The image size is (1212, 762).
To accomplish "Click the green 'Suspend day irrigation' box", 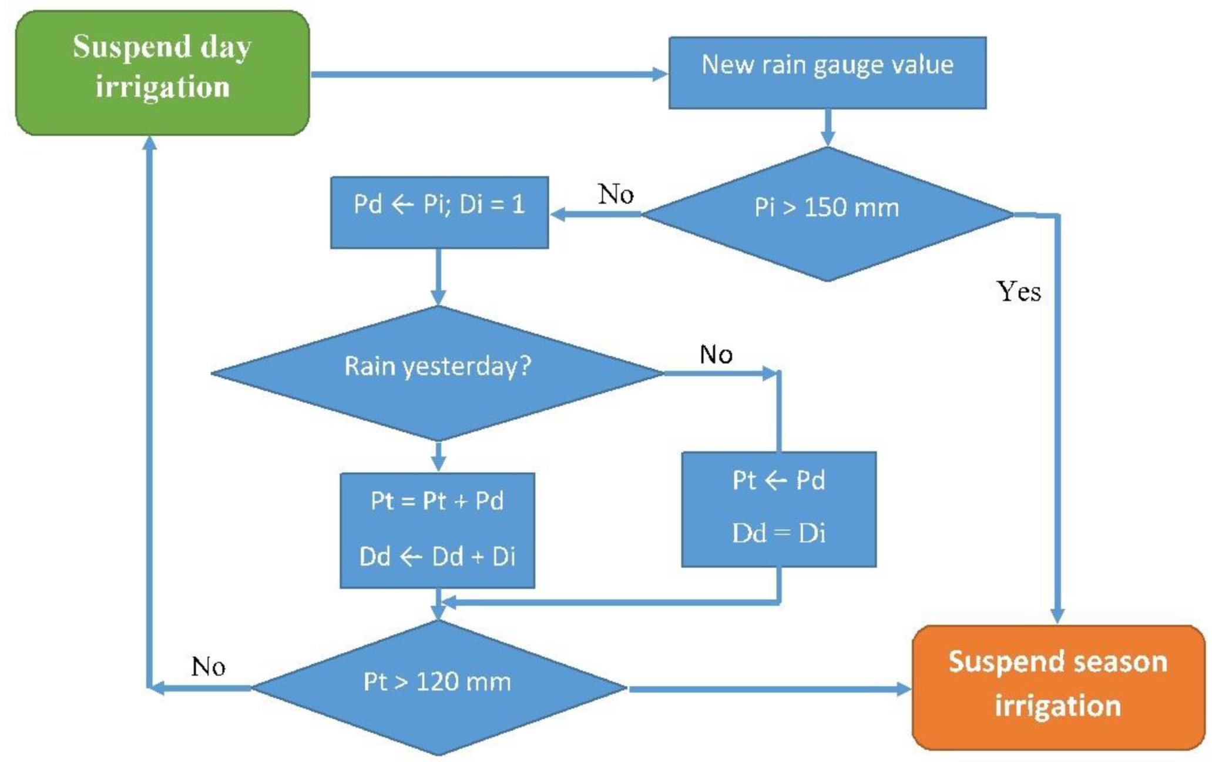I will pyautogui.click(x=162, y=73).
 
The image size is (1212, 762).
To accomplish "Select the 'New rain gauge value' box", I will pyautogui.click(x=827, y=73).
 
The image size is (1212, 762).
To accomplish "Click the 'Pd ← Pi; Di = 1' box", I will pyautogui.click(x=439, y=212).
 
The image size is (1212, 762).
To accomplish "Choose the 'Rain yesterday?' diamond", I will pyautogui.click(x=438, y=373).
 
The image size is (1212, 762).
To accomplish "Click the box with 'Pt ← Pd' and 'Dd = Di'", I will pyautogui.click(x=778, y=509).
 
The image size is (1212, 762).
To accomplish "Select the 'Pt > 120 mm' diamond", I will pyautogui.click(x=438, y=687).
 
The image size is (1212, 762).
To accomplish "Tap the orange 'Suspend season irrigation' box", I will pyautogui.click(x=1058, y=687).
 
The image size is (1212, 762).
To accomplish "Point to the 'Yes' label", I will pyautogui.click(x=1019, y=292).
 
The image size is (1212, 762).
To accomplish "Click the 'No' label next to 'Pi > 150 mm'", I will pyautogui.click(x=616, y=194).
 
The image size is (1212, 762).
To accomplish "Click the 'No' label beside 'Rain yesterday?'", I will pyautogui.click(x=716, y=355).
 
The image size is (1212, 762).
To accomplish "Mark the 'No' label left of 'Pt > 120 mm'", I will pyautogui.click(x=208, y=667).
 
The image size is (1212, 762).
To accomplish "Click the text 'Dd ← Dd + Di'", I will pyautogui.click(x=437, y=556).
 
